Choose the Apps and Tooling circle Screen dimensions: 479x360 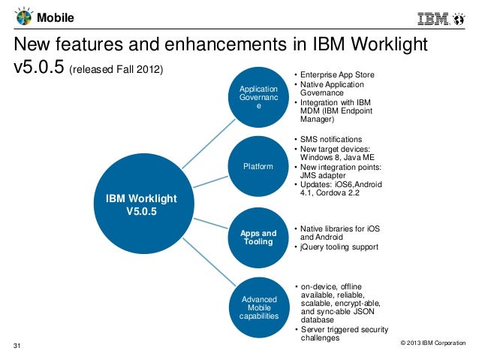pos(258,237)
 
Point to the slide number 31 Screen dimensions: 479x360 pos(19,346)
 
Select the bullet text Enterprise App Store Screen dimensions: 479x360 pos(337,75)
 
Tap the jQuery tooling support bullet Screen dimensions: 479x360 pos(339,247)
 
